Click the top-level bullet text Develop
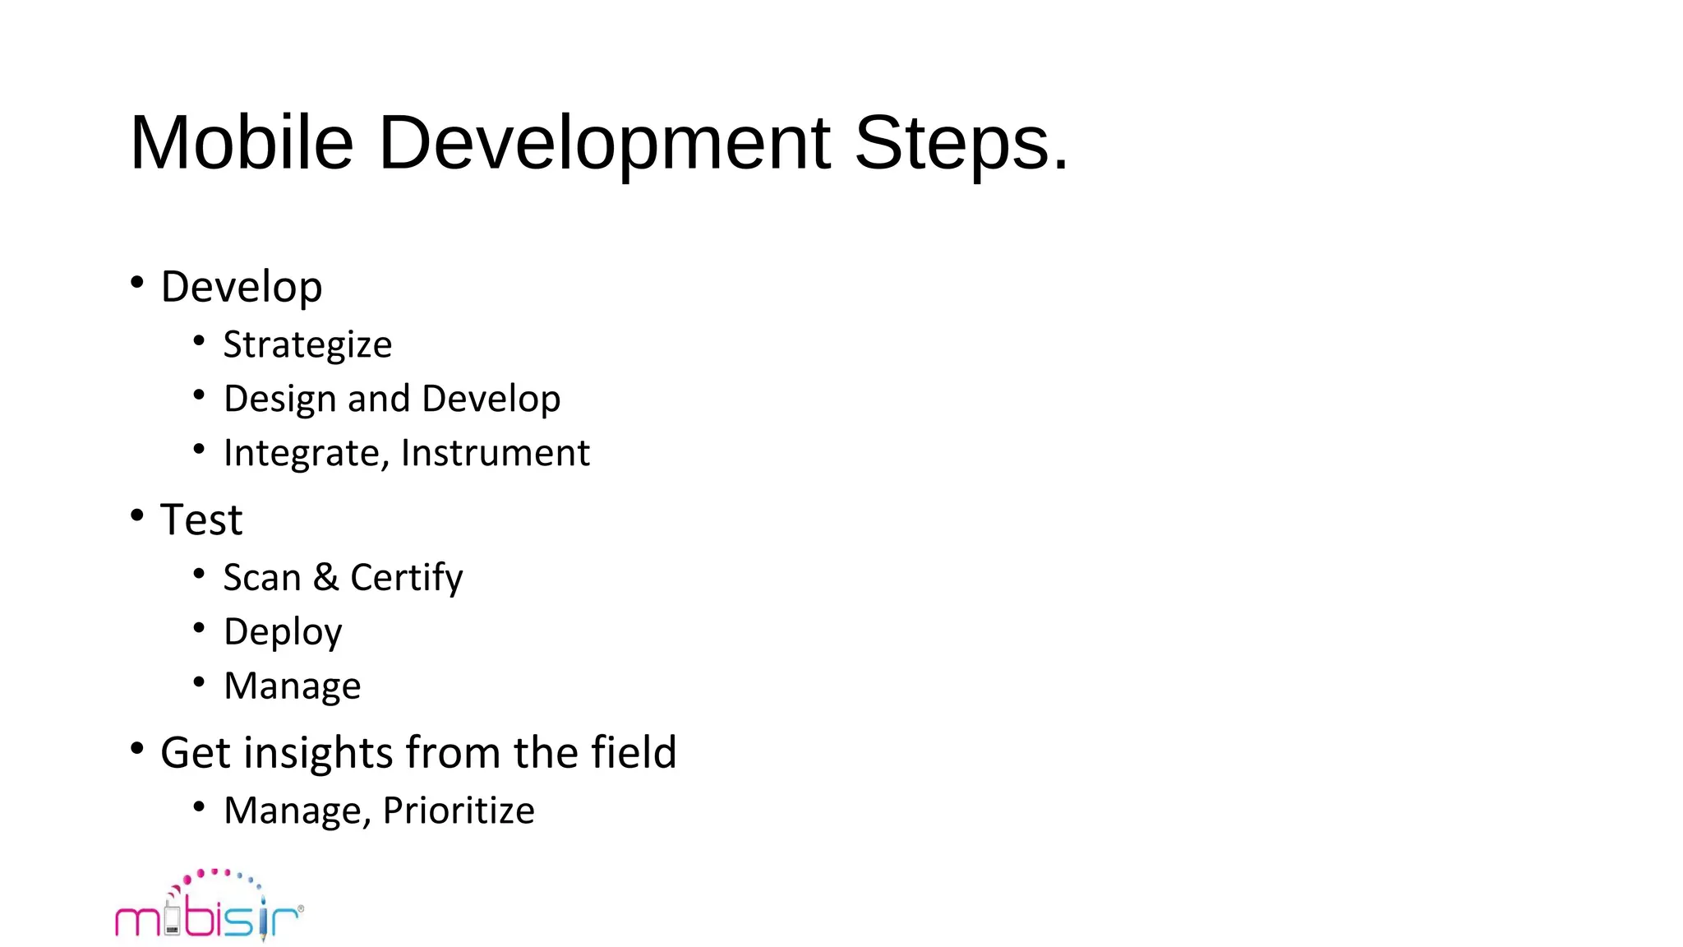tap(242, 287)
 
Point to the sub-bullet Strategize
tap(307, 344)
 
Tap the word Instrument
tap(496, 453)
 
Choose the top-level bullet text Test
tap(201, 520)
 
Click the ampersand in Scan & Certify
tap(325, 577)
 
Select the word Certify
tap(407, 577)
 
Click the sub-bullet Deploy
tap(283, 631)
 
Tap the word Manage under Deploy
tap(293, 686)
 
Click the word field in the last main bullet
tap(634, 752)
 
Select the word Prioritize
tap(459, 811)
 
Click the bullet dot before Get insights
tap(137, 749)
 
